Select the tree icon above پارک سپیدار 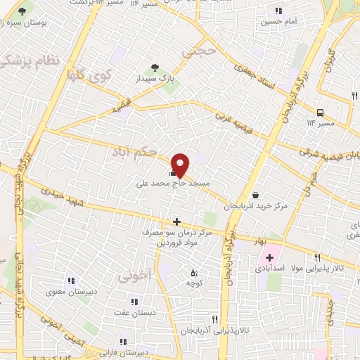(155, 68)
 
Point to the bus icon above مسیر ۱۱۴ (321, 112)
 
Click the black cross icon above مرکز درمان (176, 221)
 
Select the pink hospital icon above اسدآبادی (269, 258)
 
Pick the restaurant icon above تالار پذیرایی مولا (318, 258)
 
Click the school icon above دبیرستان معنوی (70, 281)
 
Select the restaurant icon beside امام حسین (279, 11)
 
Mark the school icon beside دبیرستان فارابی (124, 342)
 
